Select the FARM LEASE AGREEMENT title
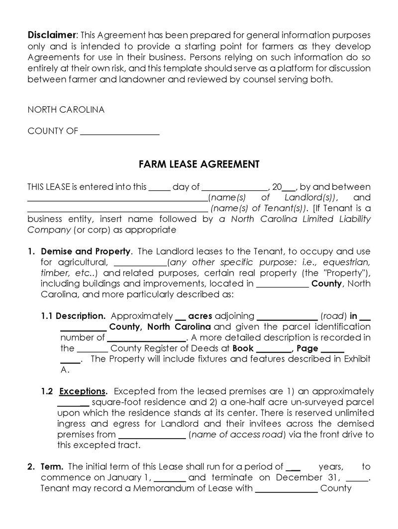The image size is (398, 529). pyautogui.click(x=199, y=164)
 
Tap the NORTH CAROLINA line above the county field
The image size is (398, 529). pyautogui.click(x=66, y=110)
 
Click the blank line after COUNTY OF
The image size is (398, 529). pyautogui.click(x=119, y=132)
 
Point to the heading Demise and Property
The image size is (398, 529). pyautogui.click(x=86, y=251)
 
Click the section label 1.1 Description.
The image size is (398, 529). pyautogui.click(x=73, y=316)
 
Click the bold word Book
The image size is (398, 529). pyautogui.click(x=243, y=348)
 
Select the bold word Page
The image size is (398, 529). pyautogui.click(x=307, y=348)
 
